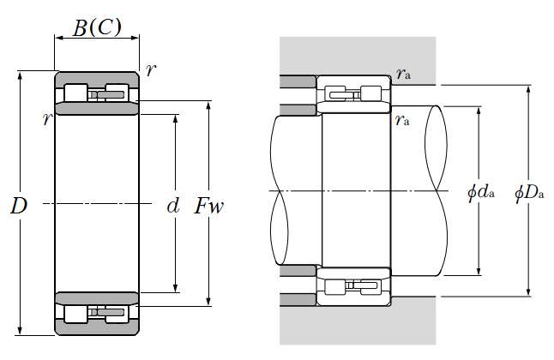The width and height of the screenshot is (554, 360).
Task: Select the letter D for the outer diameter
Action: tap(18, 206)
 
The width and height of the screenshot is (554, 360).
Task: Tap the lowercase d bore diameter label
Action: tap(173, 206)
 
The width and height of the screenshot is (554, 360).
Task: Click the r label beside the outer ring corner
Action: tap(151, 70)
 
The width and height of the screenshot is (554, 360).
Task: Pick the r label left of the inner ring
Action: tap(46, 119)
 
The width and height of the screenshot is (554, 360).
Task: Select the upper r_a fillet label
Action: tap(403, 75)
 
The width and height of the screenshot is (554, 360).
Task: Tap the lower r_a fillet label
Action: tap(402, 120)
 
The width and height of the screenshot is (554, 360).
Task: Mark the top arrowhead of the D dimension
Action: tap(20, 75)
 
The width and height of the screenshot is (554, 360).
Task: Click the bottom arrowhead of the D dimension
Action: tap(20, 332)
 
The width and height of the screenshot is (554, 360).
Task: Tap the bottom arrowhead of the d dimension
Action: tap(176, 290)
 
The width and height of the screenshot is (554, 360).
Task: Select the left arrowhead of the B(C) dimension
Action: tap(58, 39)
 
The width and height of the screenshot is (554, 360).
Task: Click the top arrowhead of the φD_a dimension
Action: tap(527, 89)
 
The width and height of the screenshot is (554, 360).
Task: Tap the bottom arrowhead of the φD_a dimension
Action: tap(527, 293)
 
